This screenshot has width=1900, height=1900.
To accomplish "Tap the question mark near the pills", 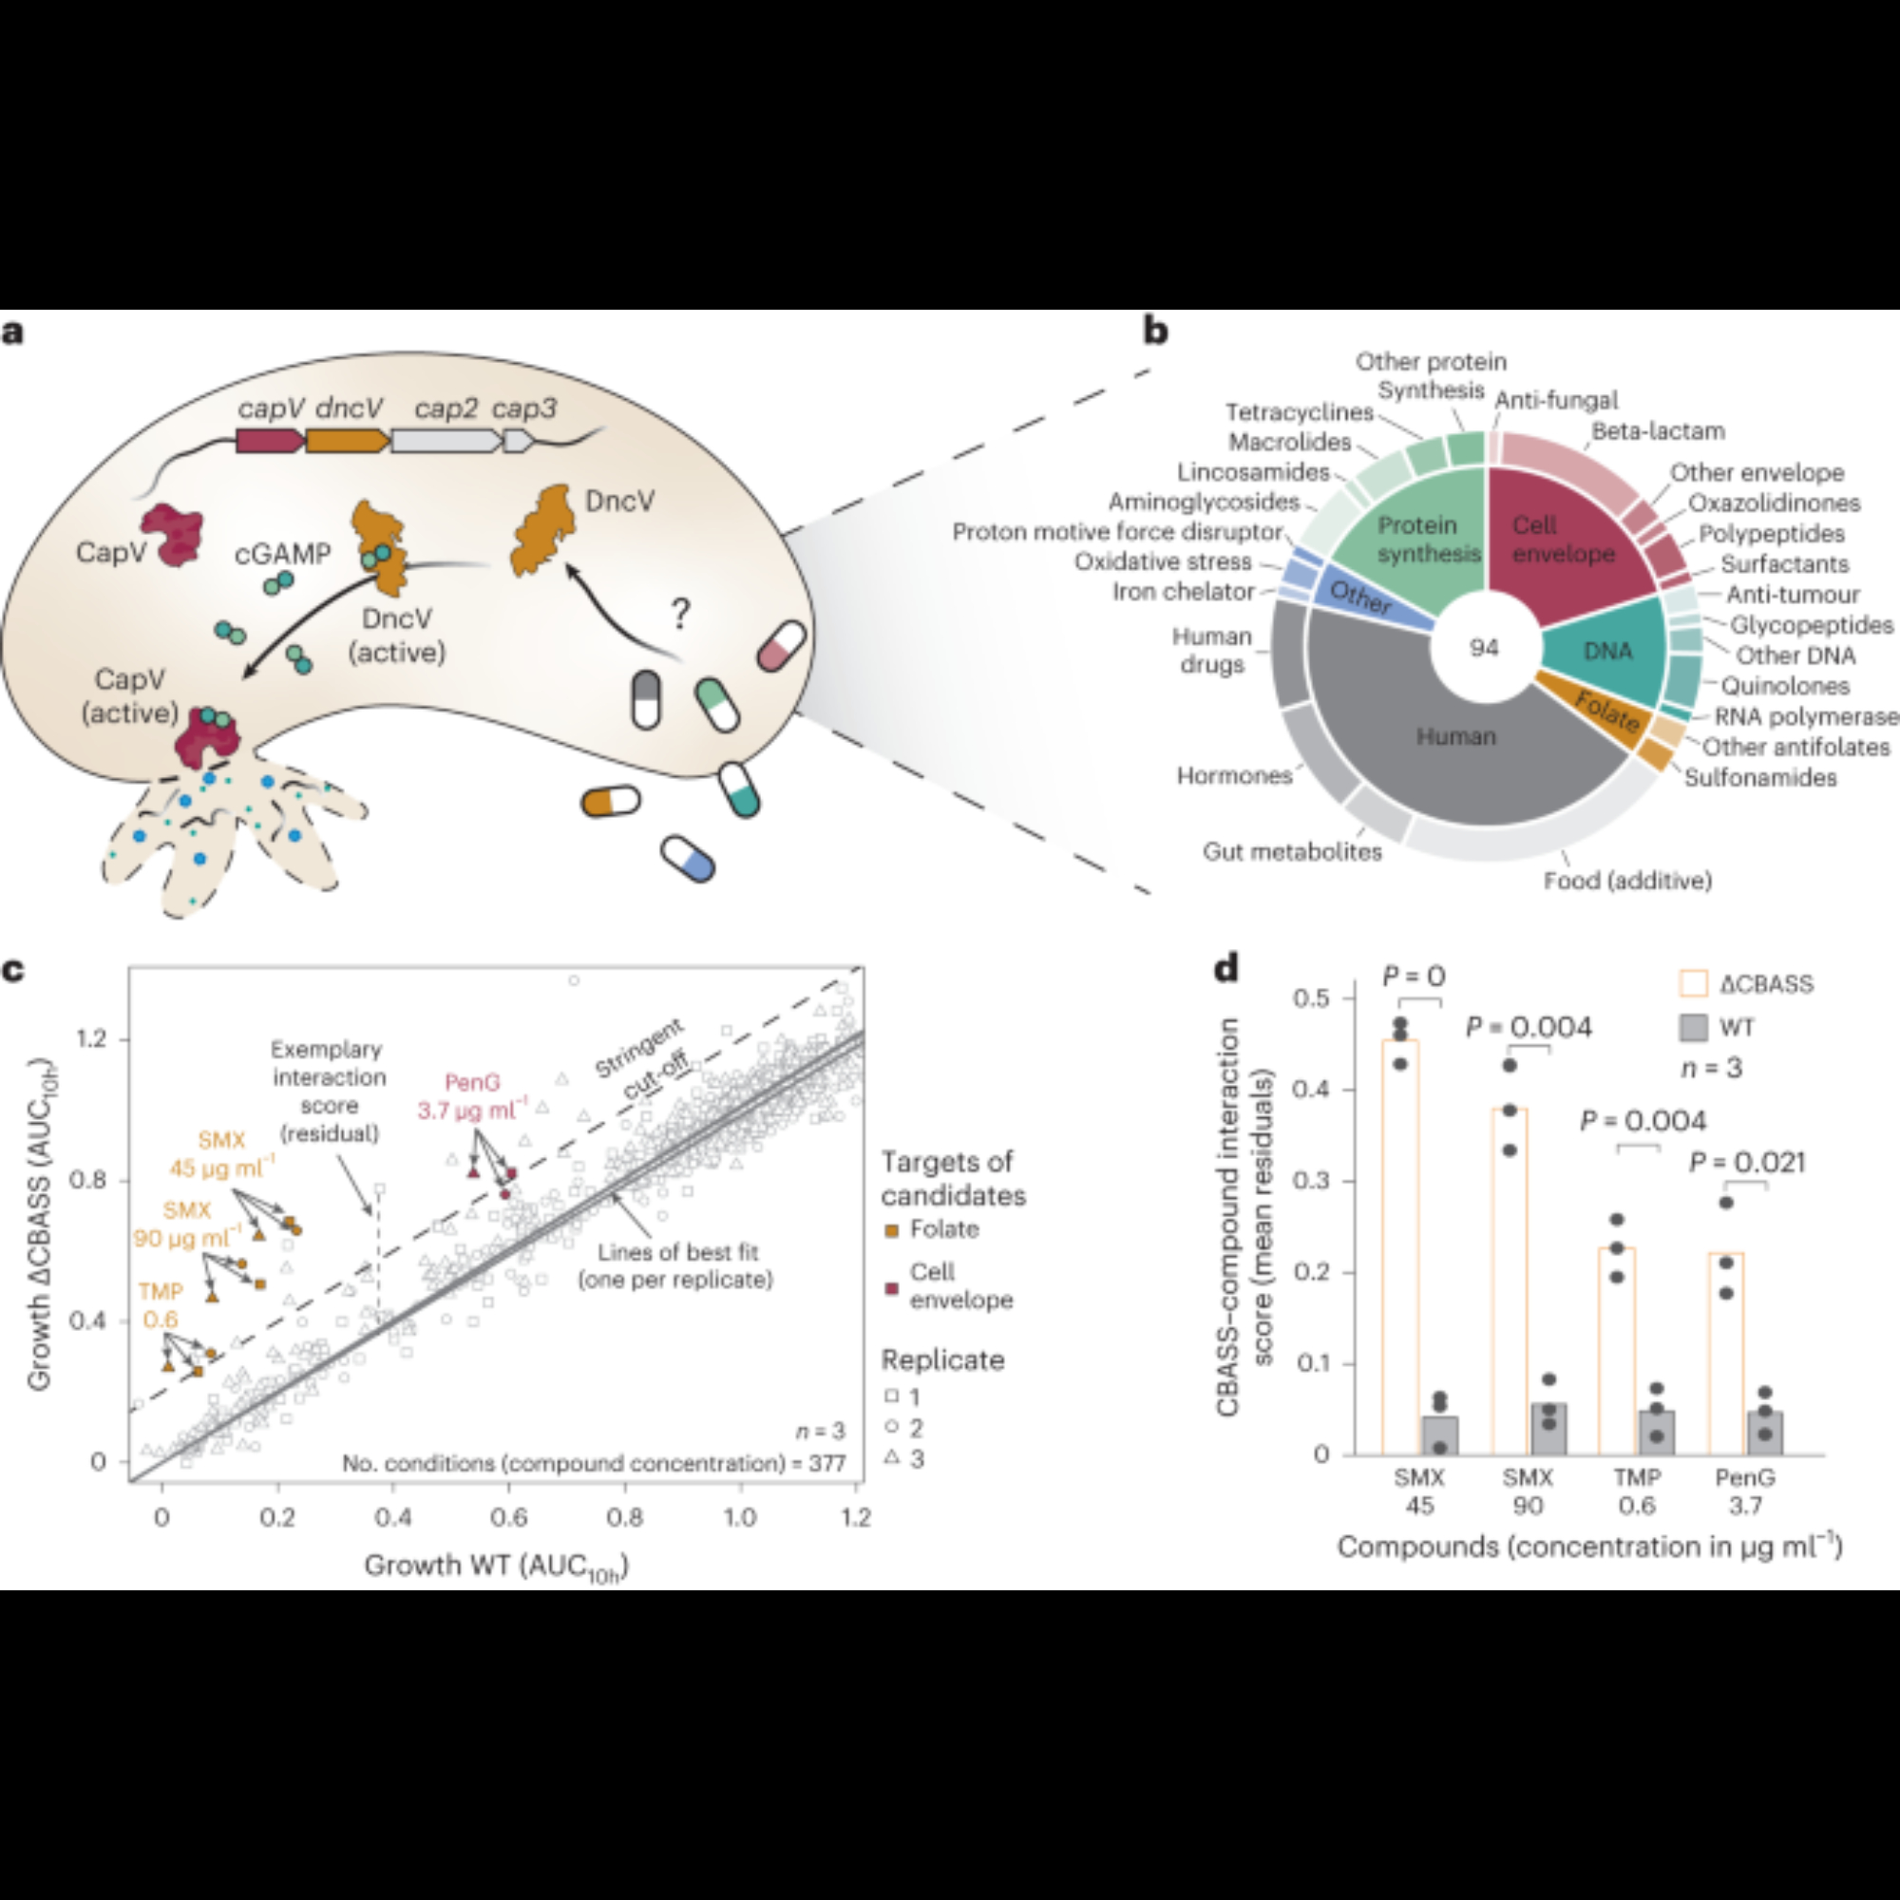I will point(679,614).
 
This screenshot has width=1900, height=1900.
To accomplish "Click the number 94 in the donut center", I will point(1484,648).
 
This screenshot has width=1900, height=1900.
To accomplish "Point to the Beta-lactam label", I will point(1658,431).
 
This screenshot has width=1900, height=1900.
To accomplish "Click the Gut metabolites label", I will point(1292,851).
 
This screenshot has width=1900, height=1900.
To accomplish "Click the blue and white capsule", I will point(689,859).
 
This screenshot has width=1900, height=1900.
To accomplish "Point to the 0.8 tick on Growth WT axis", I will point(624,1517).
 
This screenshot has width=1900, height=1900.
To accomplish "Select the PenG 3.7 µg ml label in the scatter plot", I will point(473,1096).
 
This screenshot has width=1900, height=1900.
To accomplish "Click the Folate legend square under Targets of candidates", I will point(893,1230).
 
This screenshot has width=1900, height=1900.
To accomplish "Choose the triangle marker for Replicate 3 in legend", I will point(892,1458).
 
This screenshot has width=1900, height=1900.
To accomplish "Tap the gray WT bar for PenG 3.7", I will point(1765,1434).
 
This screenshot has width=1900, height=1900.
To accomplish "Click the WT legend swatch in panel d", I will point(1694,1029).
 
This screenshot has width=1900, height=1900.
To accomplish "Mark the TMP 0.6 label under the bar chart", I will point(1637,1491).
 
